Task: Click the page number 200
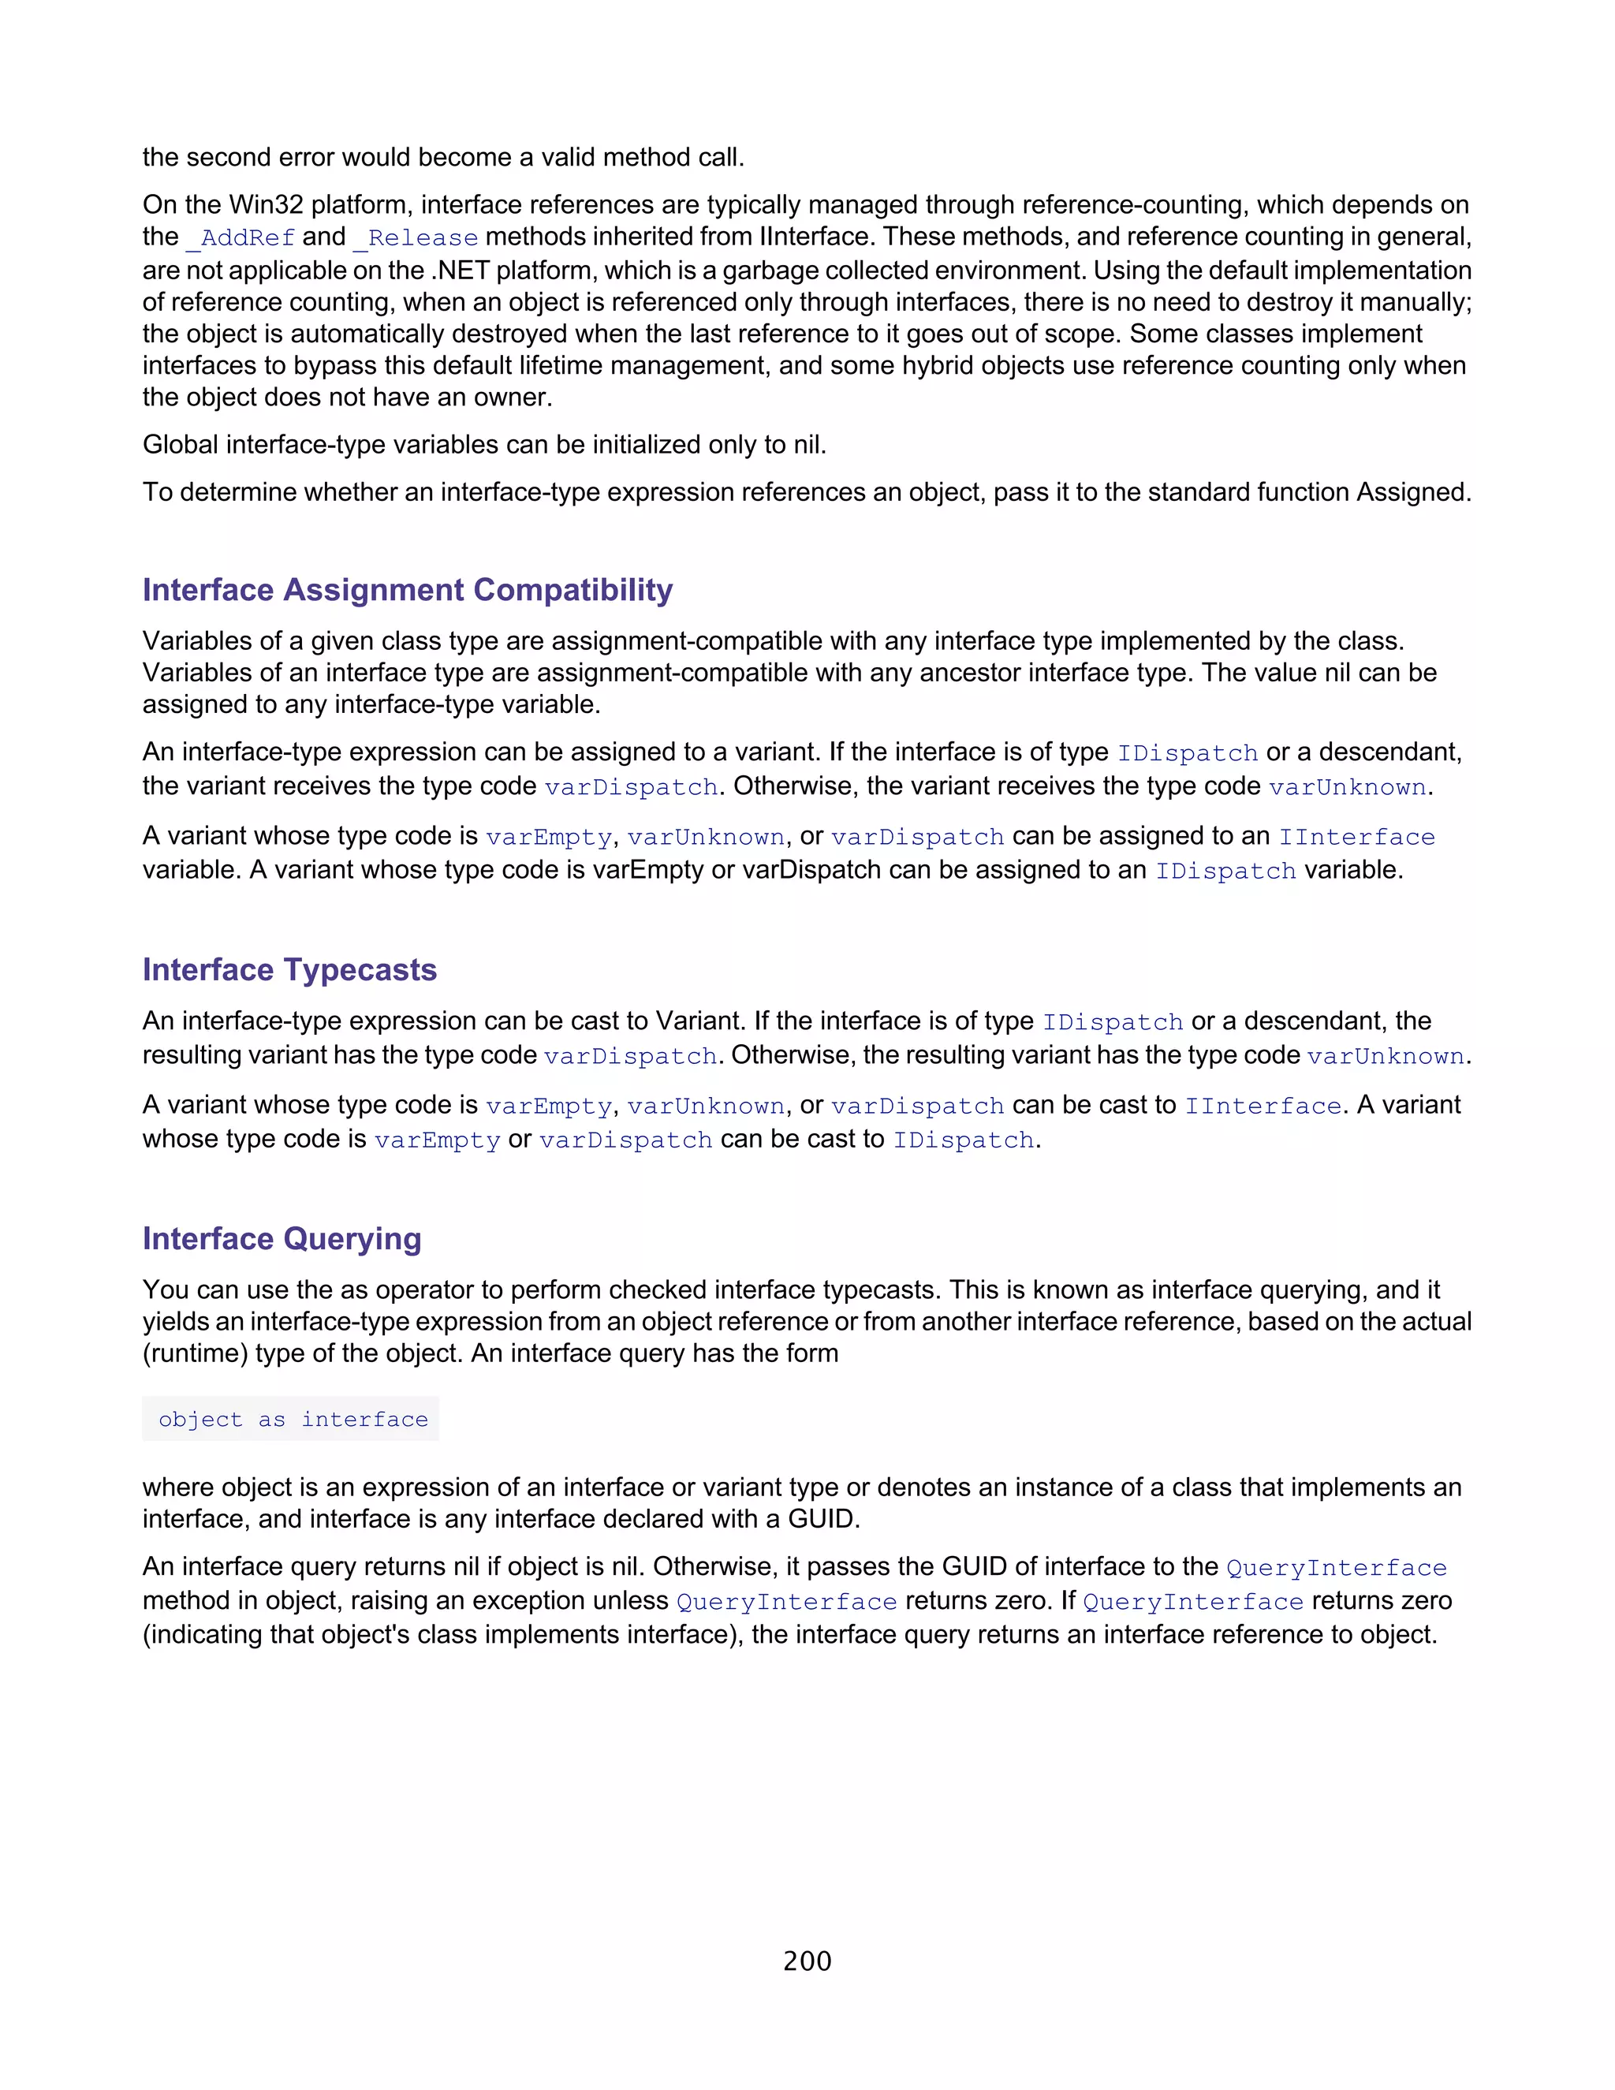[807, 1961]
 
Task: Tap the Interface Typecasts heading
[290, 969]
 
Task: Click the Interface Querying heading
[282, 1238]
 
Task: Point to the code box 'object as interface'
[293, 1419]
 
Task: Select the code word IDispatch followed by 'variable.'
[1225, 871]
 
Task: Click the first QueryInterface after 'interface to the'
[1336, 1568]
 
